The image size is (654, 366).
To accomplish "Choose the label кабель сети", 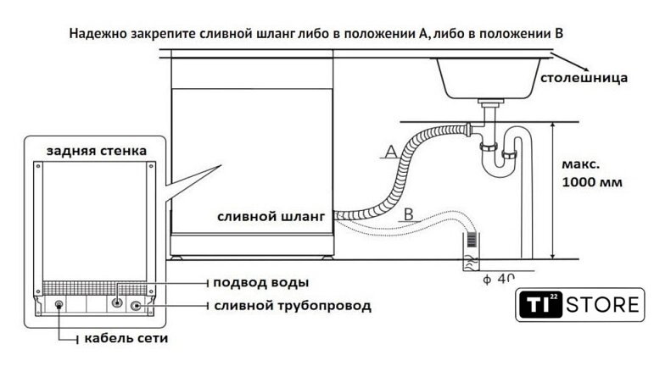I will (x=126, y=339).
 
